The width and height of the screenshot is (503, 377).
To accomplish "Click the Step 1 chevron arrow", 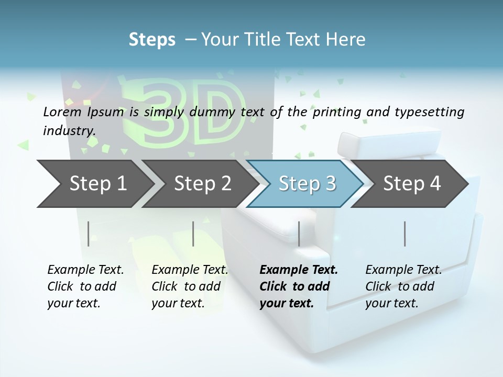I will coord(94,183).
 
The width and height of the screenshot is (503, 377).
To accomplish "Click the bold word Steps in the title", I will coord(152,40).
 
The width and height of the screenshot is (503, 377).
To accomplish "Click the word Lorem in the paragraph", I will coord(62,112).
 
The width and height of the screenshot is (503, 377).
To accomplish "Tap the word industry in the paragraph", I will coord(69,130).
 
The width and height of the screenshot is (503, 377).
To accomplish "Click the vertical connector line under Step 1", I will coord(89,234).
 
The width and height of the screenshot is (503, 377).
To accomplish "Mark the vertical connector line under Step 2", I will coord(193,234).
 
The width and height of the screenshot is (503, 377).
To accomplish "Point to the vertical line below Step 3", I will coord(299,234).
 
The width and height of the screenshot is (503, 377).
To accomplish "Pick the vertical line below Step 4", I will coord(404,234).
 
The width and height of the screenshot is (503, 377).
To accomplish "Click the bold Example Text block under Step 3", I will coord(298,286).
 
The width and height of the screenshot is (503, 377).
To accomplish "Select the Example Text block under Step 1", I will coord(85,286).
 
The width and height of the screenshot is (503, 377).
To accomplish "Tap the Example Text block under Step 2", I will coord(190,286).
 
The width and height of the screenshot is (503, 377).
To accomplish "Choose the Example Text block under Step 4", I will coord(403,286).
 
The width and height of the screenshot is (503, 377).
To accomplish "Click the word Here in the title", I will coord(346,40).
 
